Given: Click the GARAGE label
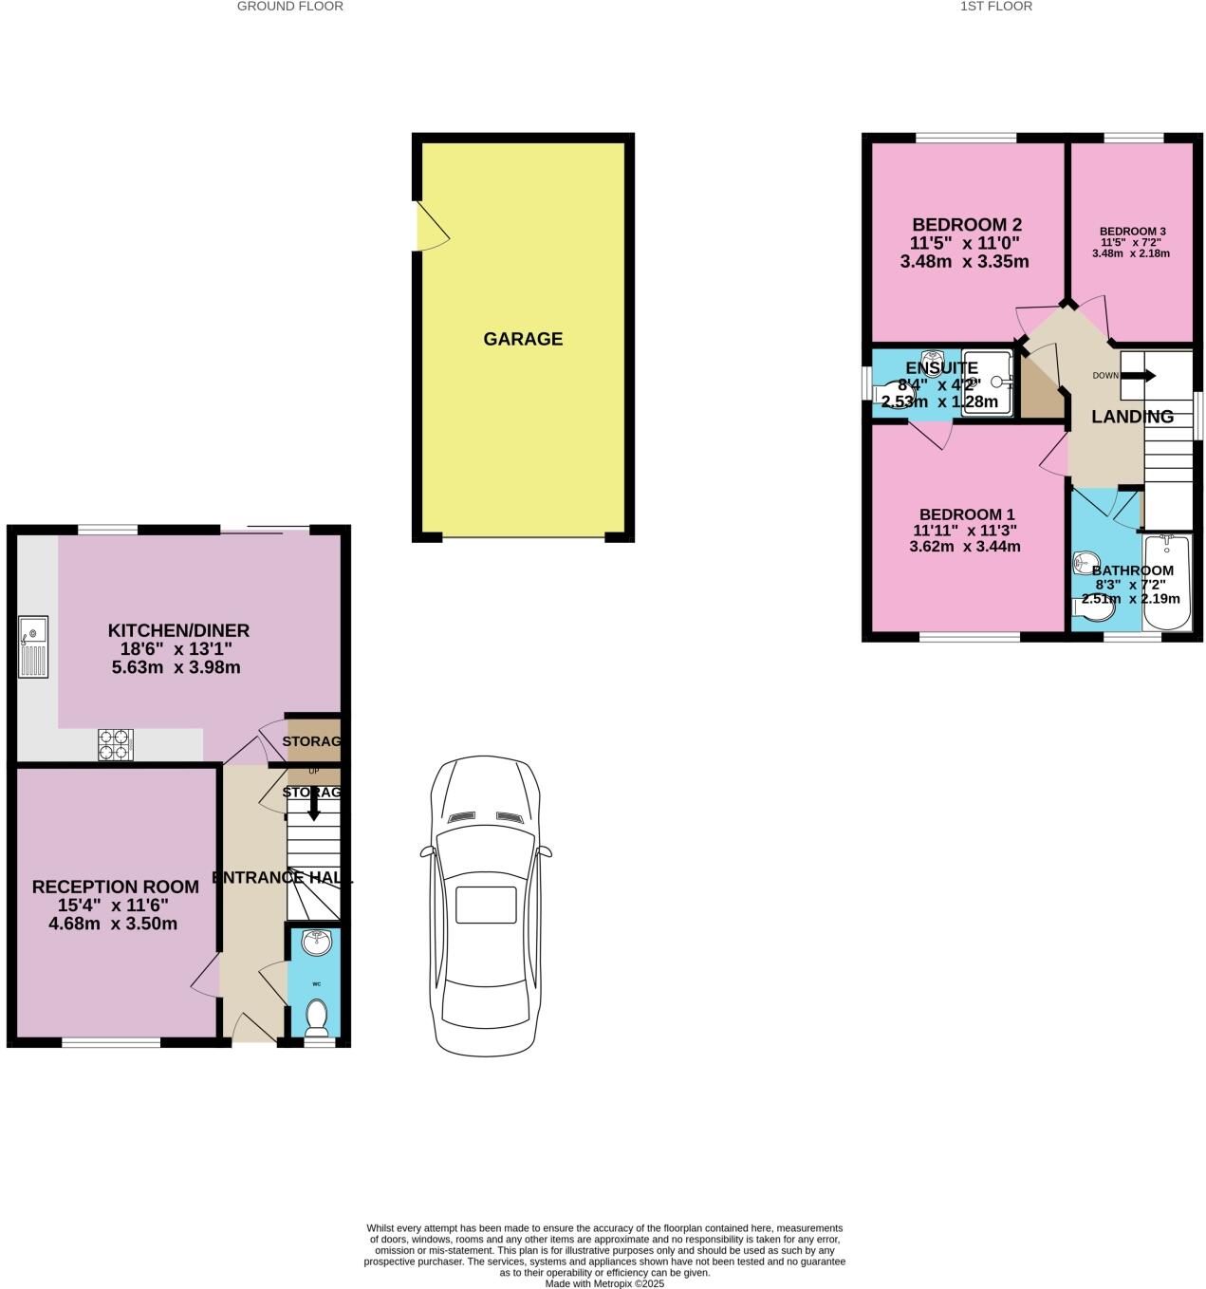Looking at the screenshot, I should pyautogui.click(x=523, y=339).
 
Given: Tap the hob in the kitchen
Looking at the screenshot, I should pyautogui.click(x=116, y=744).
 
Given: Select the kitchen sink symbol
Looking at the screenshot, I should pyautogui.click(x=32, y=649).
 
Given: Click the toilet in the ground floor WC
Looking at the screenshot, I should pyautogui.click(x=317, y=1016).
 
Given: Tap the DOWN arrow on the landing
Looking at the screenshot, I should pyautogui.click(x=1139, y=375).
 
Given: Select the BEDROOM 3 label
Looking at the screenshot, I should pyautogui.click(x=1132, y=231).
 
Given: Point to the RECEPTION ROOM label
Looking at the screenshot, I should pyautogui.click(x=116, y=887).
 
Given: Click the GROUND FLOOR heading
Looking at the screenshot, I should pyautogui.click(x=289, y=7).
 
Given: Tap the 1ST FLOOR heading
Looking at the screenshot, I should pyautogui.click(x=996, y=7).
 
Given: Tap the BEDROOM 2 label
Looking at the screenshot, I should pyautogui.click(x=966, y=225).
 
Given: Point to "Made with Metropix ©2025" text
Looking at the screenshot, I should pyautogui.click(x=604, y=1283).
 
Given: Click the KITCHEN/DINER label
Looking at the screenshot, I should pyautogui.click(x=178, y=630).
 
